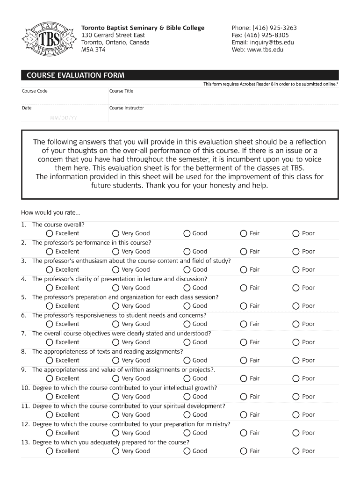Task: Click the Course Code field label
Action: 35,91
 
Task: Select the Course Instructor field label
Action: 126,108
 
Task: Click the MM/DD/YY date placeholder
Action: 64,118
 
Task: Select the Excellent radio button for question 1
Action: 50,233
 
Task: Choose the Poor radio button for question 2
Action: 295,252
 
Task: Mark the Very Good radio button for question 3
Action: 115,270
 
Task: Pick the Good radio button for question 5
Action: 187,306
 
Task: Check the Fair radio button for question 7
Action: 244,342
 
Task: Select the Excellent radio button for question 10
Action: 50,397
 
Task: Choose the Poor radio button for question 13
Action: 295,451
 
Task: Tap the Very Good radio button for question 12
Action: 115,433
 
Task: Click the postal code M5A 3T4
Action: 94,50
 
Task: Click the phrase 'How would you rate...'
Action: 47,213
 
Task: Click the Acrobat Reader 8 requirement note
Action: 271,84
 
